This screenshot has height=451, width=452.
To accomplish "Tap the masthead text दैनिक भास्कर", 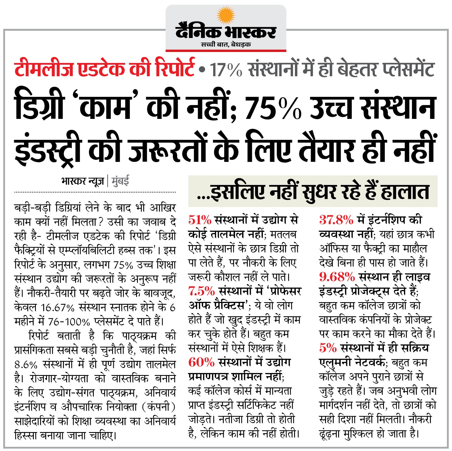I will point(226,32).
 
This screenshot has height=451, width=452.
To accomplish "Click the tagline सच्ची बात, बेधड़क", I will point(226,44).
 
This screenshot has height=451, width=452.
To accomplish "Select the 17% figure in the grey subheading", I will point(226,69).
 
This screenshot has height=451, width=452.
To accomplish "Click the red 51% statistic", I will point(200,220).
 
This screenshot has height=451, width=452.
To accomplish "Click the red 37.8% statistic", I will point(336,220).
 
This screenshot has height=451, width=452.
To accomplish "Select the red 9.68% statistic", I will point(337,277).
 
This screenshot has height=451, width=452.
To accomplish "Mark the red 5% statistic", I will point(328,348).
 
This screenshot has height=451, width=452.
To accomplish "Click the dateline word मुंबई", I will point(120,181).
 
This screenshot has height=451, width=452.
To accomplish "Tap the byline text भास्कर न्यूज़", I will point(82,181).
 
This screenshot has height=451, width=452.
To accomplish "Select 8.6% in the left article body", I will point(26,365).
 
